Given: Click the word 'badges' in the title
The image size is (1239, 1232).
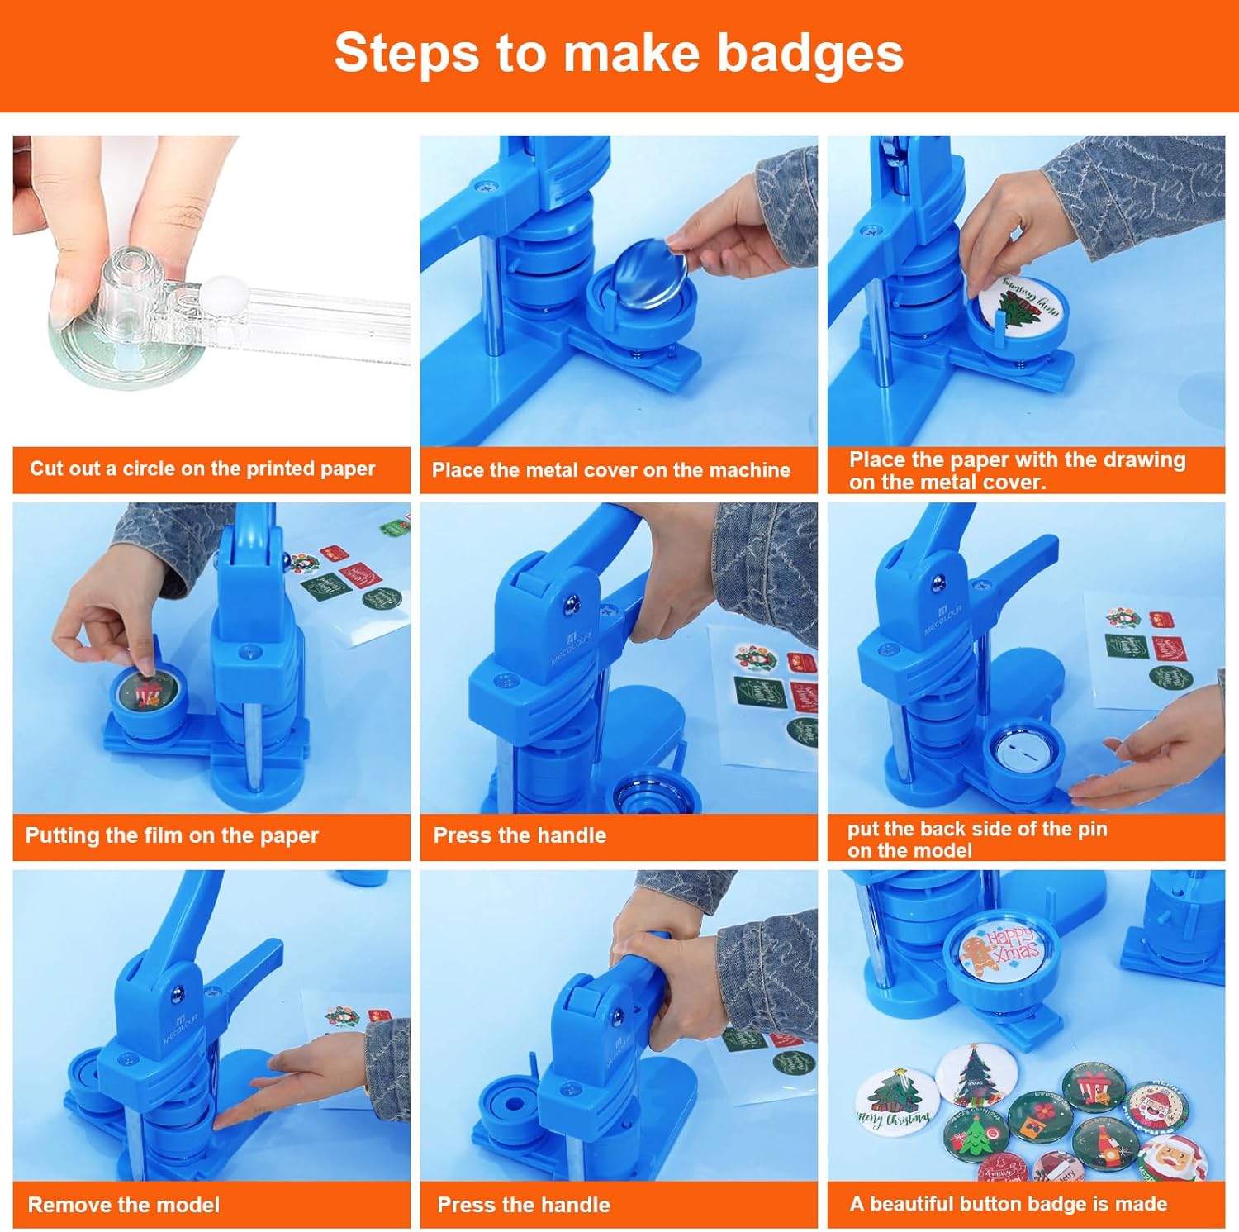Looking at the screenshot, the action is [x=809, y=53].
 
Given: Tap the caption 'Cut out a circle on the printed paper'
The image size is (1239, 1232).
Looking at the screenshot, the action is [x=202, y=469].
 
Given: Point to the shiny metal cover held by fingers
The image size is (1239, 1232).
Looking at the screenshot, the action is [x=653, y=271].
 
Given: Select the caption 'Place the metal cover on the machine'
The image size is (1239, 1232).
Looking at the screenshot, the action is [x=611, y=470].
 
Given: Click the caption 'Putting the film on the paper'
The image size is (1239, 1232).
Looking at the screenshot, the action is [x=172, y=835].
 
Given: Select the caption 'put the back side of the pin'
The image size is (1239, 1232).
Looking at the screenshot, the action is [x=977, y=829].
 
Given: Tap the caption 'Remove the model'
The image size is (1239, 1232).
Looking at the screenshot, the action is [x=124, y=1205].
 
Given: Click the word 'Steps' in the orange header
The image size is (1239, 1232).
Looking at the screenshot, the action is [x=407, y=55].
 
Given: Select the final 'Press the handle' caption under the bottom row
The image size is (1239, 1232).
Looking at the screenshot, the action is [x=524, y=1205].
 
